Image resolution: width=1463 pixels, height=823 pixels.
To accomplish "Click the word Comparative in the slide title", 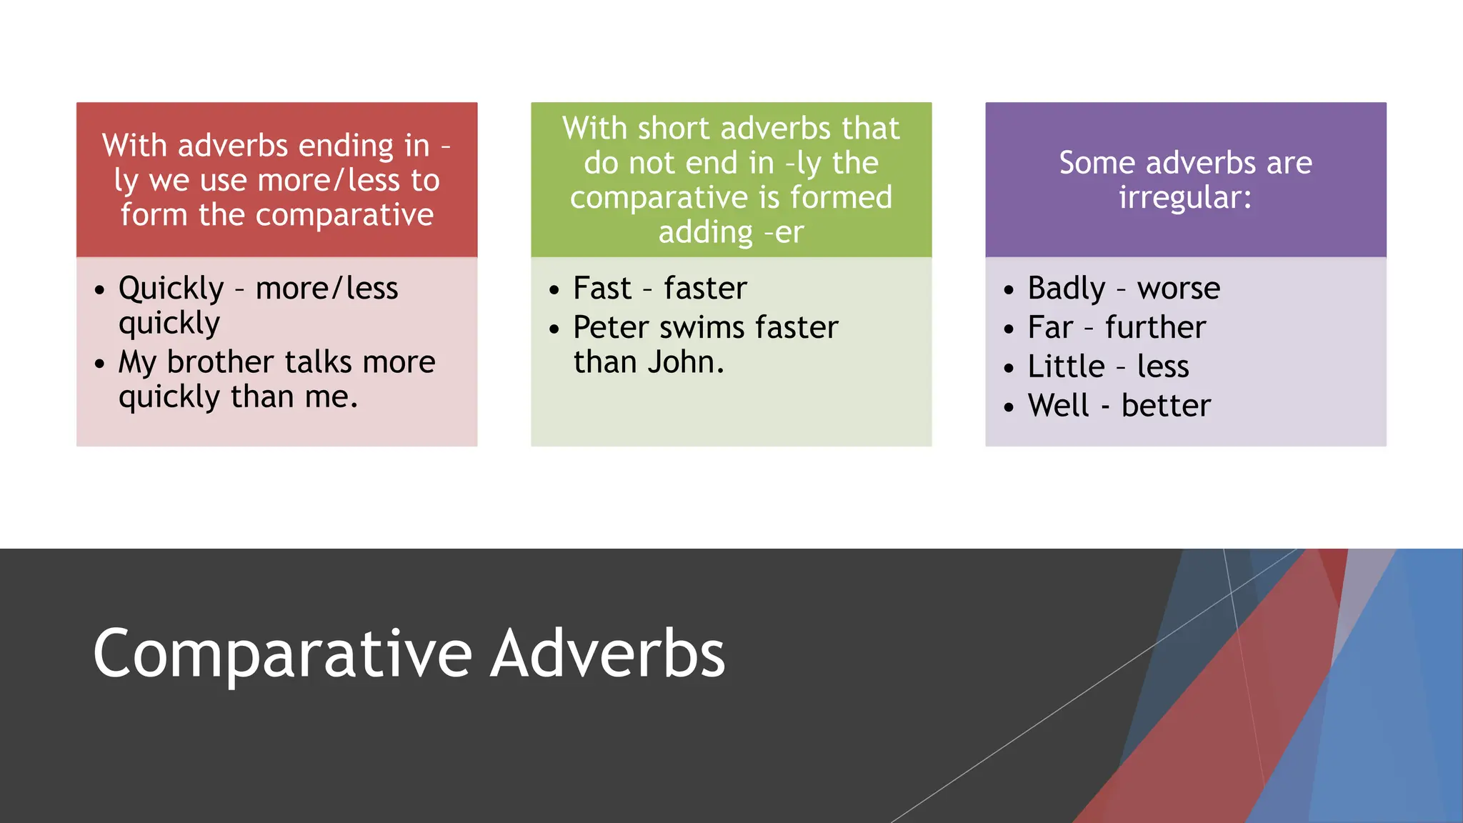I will click(282, 654).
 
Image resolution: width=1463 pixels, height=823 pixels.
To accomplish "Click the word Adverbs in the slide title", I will click(608, 654).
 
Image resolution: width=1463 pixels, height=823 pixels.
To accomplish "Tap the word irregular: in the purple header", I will click(1185, 198).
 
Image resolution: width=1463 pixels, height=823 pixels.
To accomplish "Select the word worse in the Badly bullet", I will click(1179, 289).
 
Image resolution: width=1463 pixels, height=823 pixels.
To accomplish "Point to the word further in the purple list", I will click(1155, 328).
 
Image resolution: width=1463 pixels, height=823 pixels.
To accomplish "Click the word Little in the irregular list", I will click(1066, 367).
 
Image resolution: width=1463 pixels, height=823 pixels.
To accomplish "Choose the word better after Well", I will click(1166, 406).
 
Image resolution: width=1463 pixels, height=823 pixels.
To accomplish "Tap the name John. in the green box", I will click(685, 362).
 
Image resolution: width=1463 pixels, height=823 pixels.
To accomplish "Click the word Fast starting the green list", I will click(602, 289).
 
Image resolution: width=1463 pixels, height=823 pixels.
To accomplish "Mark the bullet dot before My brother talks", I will click(99, 364).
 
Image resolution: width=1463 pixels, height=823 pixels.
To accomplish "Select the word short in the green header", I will click(673, 129).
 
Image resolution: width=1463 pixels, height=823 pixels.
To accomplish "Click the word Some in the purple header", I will click(1097, 163).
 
